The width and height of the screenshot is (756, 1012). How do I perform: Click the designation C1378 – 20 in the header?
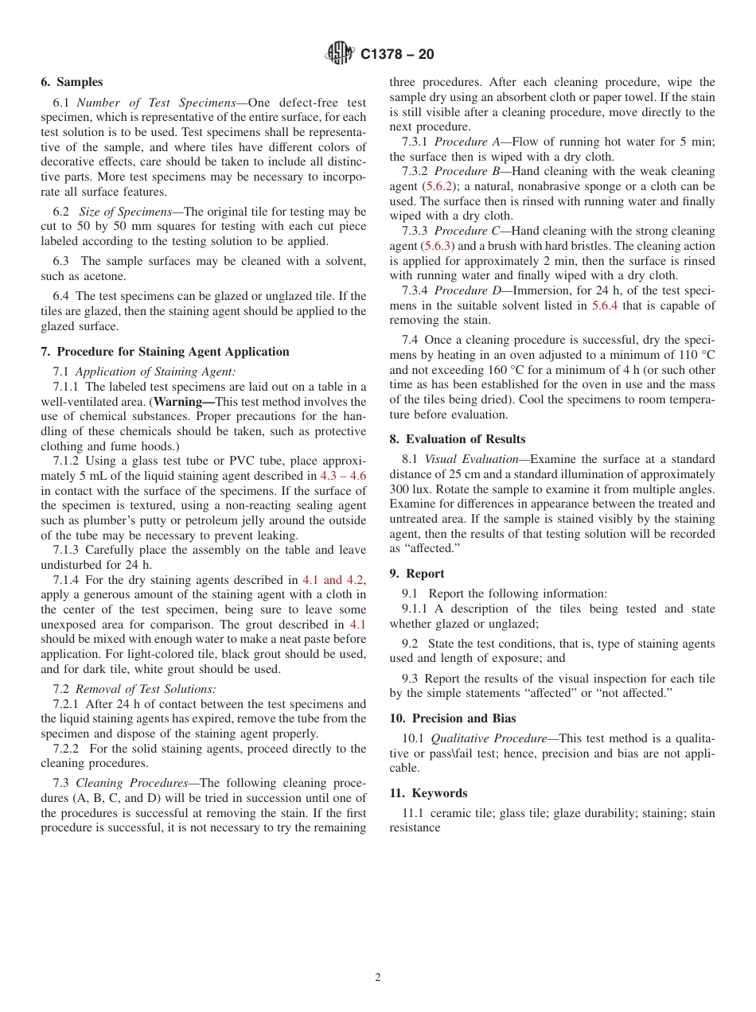coord(397,54)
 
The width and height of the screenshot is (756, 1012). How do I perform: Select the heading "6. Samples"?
coord(72,82)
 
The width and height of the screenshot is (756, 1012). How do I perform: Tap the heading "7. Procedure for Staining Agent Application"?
coord(165,352)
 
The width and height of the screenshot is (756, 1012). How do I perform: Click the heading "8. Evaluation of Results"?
coord(457,439)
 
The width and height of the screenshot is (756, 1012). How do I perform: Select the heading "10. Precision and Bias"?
coord(452,718)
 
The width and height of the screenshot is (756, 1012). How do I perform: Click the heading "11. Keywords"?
coord(428,793)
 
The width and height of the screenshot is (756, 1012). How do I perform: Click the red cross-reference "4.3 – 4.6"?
coord(342,476)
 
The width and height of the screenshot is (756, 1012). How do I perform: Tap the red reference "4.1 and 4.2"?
coord(333,580)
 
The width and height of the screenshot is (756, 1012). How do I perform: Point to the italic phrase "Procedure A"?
coord(467,142)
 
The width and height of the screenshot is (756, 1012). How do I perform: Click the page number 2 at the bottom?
coord(378,978)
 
